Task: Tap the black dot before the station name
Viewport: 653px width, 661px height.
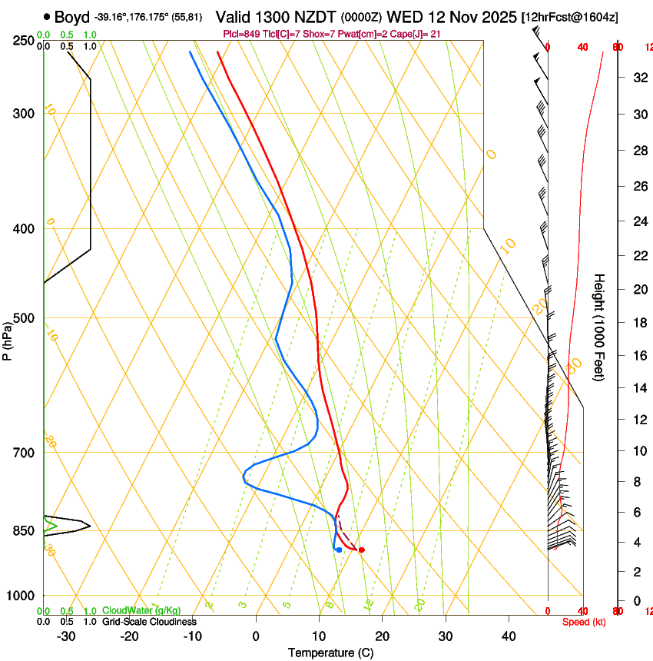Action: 48,16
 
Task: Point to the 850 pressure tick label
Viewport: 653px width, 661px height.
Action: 23,531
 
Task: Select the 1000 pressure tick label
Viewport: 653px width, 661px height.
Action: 20,596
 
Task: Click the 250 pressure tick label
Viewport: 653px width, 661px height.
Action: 23,41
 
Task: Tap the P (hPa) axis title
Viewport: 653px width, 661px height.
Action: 7,339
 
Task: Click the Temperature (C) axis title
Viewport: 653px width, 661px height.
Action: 330,653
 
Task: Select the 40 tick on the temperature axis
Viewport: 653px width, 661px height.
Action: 508,636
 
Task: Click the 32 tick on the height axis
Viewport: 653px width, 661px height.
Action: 638,77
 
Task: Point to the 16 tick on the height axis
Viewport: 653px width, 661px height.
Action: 638,355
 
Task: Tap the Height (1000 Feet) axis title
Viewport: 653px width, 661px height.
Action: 599,327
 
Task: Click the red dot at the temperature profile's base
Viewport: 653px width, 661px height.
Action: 361,550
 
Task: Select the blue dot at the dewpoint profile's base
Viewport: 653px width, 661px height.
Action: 339,550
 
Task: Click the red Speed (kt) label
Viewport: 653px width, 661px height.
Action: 584,621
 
